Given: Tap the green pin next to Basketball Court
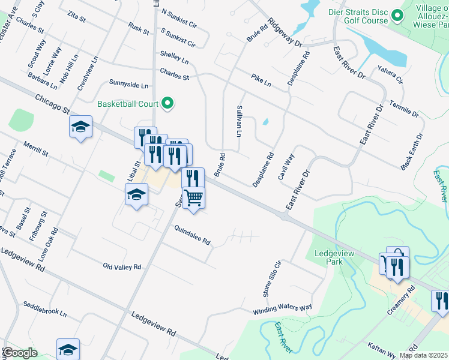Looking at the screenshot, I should point(169,104).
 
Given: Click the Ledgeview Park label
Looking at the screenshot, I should point(328,257).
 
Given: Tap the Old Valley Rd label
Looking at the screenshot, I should point(122,266).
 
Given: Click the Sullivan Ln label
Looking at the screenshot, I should point(239,121).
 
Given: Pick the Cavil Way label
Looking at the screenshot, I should point(286,167).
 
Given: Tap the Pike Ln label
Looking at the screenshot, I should point(261,80).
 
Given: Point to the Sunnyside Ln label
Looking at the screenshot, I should point(128,83).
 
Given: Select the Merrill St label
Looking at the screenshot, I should point(36,149).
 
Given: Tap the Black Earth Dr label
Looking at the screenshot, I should point(412,150).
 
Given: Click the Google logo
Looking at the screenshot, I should point(19,353).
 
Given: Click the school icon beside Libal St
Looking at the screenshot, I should point(137,194).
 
